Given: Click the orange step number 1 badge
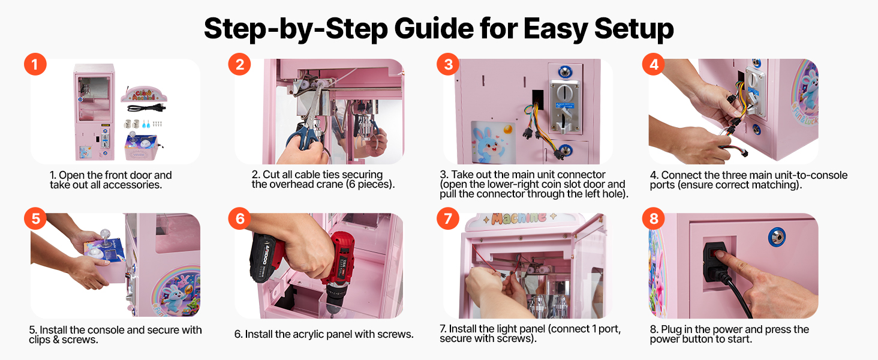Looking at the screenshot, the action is (35, 64).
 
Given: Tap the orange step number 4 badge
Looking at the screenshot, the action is (654, 64).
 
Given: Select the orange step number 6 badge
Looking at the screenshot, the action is (240, 218).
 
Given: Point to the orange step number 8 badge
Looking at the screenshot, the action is (654, 218).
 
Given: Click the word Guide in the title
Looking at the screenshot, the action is (434, 29).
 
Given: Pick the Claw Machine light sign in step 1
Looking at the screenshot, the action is (144, 94).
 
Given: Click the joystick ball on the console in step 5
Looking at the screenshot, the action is (106, 234).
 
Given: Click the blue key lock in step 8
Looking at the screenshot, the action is (777, 237).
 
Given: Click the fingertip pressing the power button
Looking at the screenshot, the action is (720, 255).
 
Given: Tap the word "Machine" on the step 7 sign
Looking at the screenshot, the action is (518, 218).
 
